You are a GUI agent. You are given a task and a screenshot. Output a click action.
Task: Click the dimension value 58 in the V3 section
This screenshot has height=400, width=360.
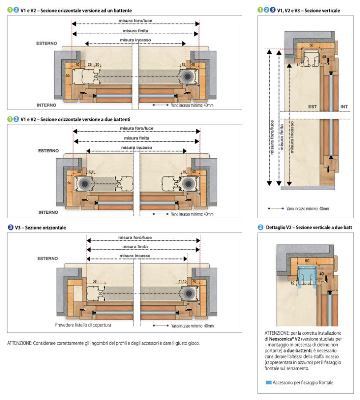tap(95, 281)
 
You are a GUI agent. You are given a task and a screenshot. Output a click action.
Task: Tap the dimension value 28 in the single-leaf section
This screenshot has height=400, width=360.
tap(89, 64)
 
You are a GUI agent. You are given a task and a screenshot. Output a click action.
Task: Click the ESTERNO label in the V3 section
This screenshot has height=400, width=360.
tap(47, 258)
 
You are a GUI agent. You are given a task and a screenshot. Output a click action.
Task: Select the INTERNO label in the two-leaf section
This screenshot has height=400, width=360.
tap(48, 212)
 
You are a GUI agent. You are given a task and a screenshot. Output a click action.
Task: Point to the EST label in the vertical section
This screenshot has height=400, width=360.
tap(312, 107)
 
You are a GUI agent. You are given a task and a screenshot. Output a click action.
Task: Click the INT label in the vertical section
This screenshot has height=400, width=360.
tap(344, 107)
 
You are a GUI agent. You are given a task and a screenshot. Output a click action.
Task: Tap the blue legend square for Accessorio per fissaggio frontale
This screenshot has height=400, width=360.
tap(268, 382)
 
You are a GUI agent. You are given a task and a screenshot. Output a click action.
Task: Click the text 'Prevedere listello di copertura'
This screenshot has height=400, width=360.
tap(83, 325)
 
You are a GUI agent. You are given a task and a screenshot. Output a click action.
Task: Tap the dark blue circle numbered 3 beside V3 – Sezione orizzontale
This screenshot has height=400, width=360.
tap(10, 227)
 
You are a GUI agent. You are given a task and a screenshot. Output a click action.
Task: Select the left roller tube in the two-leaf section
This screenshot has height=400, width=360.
tap(84, 184)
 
